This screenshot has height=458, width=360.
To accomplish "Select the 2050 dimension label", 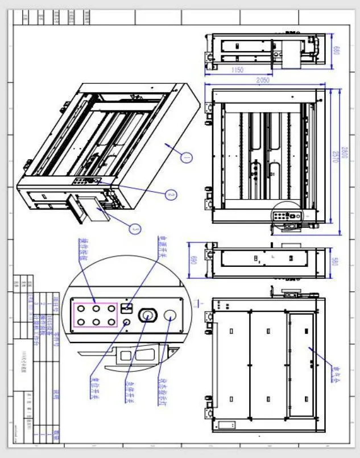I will pos(262,81).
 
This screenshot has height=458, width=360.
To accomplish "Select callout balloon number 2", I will pos(169,194).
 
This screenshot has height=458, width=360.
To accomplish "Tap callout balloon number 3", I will pos(135,229).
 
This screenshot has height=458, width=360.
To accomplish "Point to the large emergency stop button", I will pos(147,315).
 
